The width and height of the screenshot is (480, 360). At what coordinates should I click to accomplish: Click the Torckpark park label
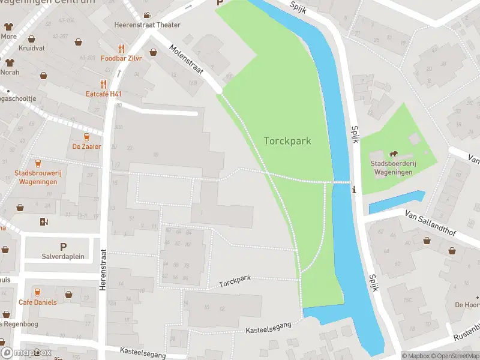(287, 140)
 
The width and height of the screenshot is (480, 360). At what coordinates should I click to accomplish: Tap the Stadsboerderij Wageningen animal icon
(394, 154)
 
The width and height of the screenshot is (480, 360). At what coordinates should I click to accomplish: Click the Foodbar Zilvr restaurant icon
(122, 49)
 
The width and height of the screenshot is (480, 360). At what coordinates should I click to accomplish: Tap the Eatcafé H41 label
(104, 94)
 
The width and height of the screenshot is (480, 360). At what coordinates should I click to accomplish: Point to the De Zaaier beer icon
(87, 136)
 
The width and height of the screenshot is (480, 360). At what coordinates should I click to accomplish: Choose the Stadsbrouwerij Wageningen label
(38, 178)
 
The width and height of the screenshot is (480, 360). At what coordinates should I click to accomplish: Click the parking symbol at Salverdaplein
(63, 247)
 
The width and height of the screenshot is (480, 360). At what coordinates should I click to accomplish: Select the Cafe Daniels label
(37, 302)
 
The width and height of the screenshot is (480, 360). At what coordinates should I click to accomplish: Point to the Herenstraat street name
(103, 270)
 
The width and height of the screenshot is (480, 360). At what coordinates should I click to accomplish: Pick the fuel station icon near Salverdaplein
(43, 221)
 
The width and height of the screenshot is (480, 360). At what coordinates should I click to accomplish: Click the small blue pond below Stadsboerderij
(396, 202)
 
